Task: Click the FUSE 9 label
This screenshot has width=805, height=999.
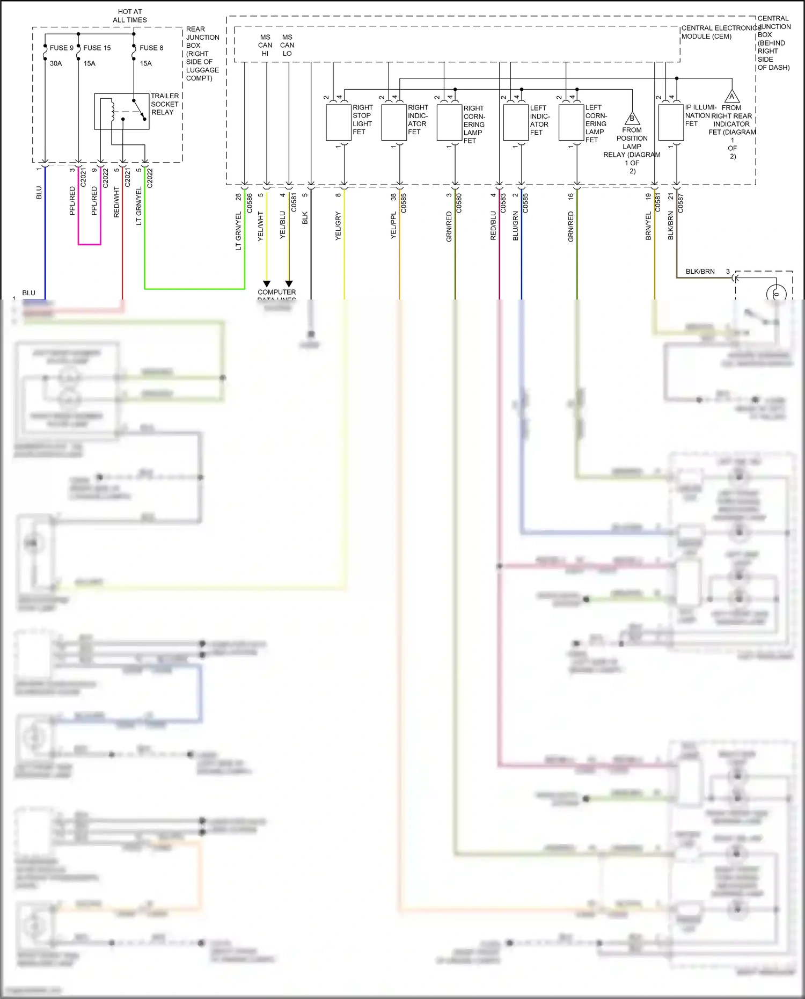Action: (61, 48)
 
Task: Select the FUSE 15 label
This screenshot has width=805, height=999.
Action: (97, 48)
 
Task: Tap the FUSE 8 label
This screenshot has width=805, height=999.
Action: (151, 48)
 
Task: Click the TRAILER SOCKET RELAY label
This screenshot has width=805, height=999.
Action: (165, 104)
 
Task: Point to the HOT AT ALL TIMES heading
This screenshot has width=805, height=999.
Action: (130, 16)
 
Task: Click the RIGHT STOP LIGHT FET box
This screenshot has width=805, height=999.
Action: (339, 122)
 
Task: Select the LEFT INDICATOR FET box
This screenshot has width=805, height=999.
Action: (516, 122)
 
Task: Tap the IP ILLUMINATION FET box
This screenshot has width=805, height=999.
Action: (671, 122)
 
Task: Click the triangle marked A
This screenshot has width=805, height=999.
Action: (732, 97)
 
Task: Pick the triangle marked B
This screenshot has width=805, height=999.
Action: (632, 118)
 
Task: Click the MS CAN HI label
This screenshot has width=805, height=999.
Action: (265, 45)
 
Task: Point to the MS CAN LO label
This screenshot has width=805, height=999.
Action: (287, 45)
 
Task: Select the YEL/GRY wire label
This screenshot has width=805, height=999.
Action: (338, 225)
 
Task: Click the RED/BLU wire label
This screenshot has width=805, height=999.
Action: (493, 225)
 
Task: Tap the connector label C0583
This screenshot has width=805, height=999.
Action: (503, 203)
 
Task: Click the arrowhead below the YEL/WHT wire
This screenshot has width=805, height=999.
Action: (267, 283)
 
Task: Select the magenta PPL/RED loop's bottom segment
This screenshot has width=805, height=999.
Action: (89, 244)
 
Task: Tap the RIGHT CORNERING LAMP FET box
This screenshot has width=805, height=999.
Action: (449, 122)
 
